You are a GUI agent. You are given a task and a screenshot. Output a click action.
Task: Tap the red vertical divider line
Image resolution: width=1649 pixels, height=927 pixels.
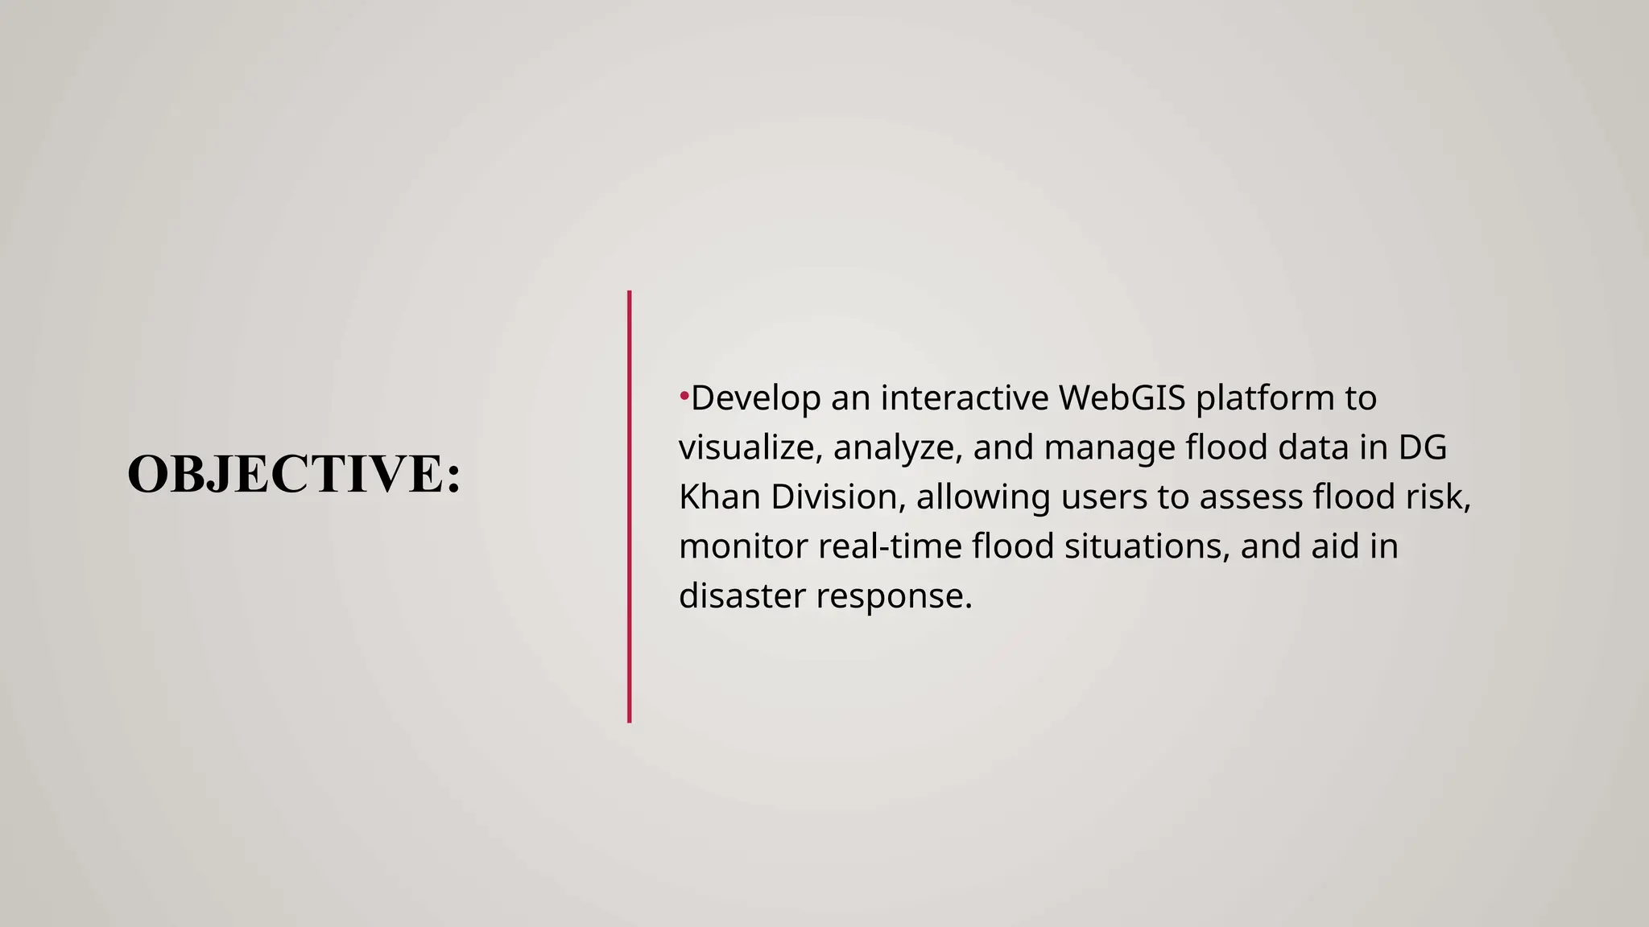click(x=629, y=507)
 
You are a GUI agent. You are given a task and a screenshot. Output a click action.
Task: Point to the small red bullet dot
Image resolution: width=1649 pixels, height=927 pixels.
click(x=684, y=395)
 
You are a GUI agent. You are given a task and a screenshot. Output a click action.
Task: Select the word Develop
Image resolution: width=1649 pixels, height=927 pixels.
click(x=755, y=398)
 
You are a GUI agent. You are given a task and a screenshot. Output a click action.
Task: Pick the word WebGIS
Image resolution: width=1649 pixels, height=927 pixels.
click(x=1122, y=398)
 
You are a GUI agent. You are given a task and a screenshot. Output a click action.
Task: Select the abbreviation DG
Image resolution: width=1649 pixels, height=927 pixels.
click(x=1423, y=447)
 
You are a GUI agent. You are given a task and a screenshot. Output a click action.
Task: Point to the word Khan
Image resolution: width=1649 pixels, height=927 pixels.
click(x=719, y=496)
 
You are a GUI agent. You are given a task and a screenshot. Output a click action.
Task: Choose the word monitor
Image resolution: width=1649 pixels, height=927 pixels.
click(x=743, y=546)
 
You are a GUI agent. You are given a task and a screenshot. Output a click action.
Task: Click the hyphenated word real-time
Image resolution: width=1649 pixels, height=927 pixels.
click(x=890, y=546)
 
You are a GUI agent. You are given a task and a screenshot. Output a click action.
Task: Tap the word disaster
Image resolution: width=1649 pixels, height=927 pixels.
click(x=742, y=596)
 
